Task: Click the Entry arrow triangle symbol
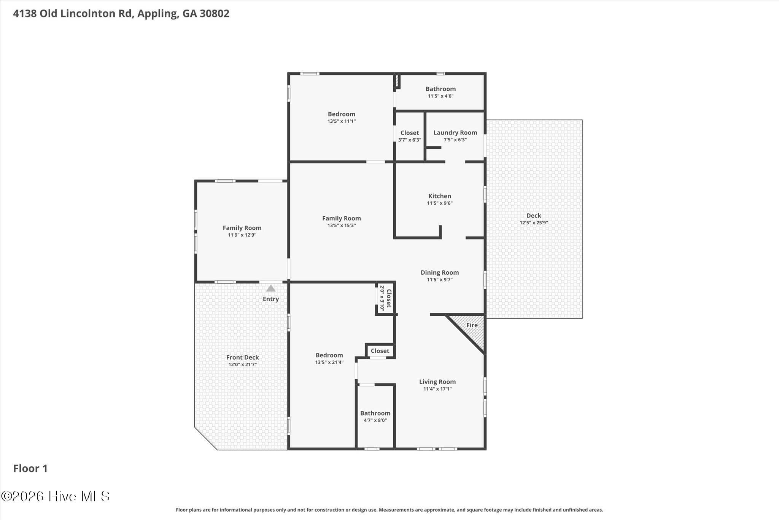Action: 270,288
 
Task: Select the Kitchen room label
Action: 440,196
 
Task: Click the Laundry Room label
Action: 455,133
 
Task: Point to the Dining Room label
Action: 440,272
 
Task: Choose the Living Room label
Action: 437,382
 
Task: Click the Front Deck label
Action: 242,357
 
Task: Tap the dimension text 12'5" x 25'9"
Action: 534,223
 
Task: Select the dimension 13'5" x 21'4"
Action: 329,362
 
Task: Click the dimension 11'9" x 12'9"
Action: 242,235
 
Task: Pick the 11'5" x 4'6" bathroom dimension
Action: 440,96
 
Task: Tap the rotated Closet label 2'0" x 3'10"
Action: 385,299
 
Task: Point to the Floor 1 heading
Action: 30,469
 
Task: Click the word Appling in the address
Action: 157,14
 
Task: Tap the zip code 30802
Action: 215,14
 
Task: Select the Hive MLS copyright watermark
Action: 56,496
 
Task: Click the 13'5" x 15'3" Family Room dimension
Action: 342,225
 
